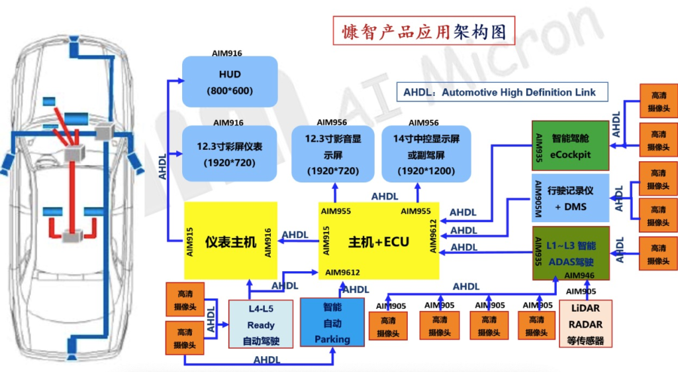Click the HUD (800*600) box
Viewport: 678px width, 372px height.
point(229,82)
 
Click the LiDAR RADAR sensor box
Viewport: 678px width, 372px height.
point(585,324)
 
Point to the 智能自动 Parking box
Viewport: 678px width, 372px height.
point(332,323)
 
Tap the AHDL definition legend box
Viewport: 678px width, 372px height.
point(500,92)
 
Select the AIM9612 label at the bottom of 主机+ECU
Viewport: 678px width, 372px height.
point(342,273)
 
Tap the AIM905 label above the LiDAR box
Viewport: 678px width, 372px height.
point(581,290)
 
